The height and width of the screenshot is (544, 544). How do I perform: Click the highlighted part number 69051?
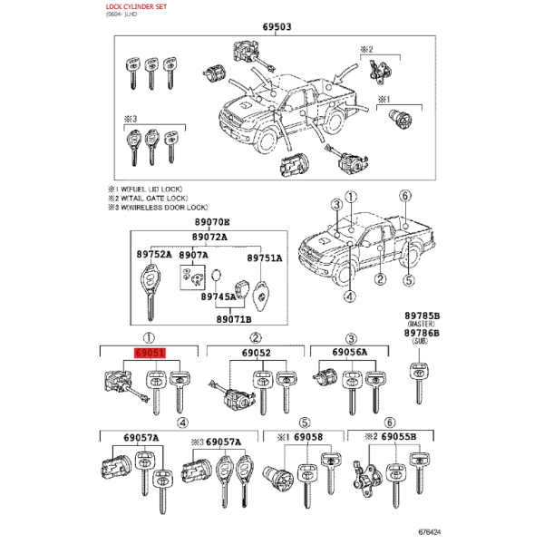pyautogui.click(x=150, y=354)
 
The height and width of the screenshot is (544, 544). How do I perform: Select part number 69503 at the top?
pyautogui.click(x=277, y=26)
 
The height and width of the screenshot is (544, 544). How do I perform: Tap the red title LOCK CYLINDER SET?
pyautogui.click(x=136, y=6)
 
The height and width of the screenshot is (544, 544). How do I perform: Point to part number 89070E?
pyautogui.click(x=212, y=222)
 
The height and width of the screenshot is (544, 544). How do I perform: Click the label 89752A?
pyautogui.click(x=154, y=254)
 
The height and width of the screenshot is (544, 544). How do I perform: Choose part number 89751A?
pyautogui.click(x=265, y=258)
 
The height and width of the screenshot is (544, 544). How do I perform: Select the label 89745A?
pyautogui.click(x=219, y=296)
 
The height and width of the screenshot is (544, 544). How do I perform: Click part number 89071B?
pyautogui.click(x=234, y=319)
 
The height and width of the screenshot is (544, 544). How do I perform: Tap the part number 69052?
pyautogui.click(x=256, y=353)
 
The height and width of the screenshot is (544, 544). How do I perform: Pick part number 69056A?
pyautogui.click(x=349, y=352)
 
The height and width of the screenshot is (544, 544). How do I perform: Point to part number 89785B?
pyautogui.click(x=422, y=316)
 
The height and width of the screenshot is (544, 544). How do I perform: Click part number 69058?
pyautogui.click(x=308, y=437)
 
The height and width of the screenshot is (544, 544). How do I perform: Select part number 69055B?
pyautogui.click(x=398, y=436)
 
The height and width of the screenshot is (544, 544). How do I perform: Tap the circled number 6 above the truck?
pyautogui.click(x=405, y=196)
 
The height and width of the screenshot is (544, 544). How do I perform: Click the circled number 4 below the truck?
pyautogui.click(x=349, y=296)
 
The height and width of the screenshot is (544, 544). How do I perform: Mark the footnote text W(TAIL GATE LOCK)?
pyautogui.click(x=154, y=199)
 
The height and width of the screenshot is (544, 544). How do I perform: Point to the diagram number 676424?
pyautogui.click(x=430, y=532)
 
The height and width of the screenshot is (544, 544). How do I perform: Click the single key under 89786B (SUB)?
pyautogui.click(x=419, y=383)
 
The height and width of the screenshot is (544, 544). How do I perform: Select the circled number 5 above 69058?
pyautogui.click(x=305, y=423)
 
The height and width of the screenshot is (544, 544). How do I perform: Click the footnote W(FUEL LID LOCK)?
pyautogui.click(x=151, y=189)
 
